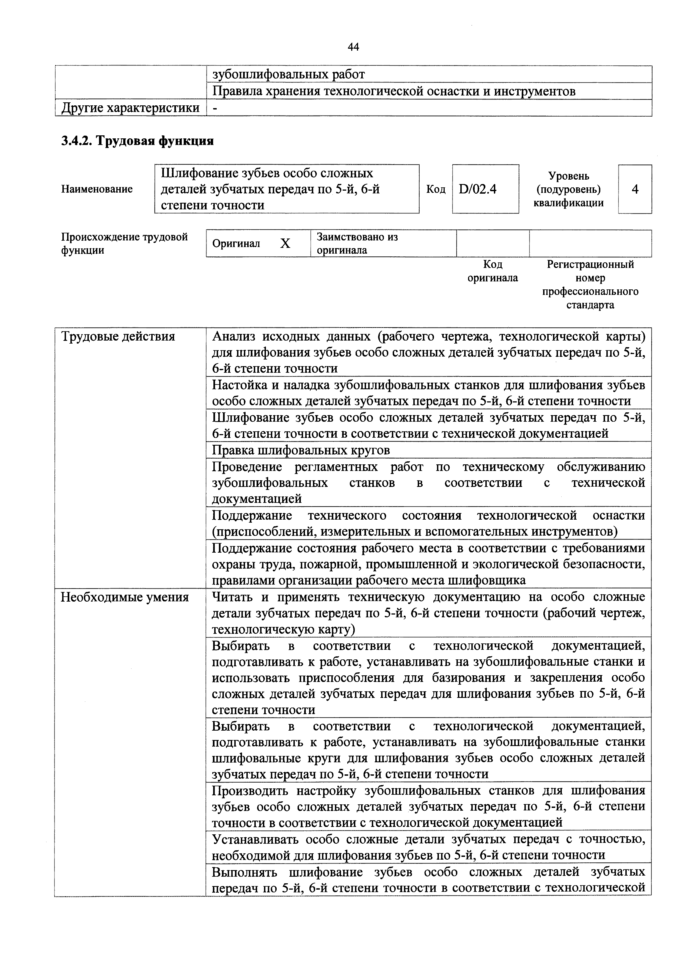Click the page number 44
coord(353,47)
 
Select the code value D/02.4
coord(478,190)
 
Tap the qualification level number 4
coord(635,190)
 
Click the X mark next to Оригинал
coord(285,243)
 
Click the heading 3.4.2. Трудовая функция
coord(137,141)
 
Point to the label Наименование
coord(97,189)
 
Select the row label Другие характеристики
coord(130,108)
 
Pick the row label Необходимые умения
coord(125,597)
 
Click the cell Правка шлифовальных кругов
coord(301,450)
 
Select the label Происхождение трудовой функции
coord(124,243)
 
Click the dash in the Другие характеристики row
coord(215,108)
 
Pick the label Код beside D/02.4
coord(436,190)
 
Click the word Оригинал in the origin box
coord(236,244)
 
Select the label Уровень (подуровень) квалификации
coord(568,190)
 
